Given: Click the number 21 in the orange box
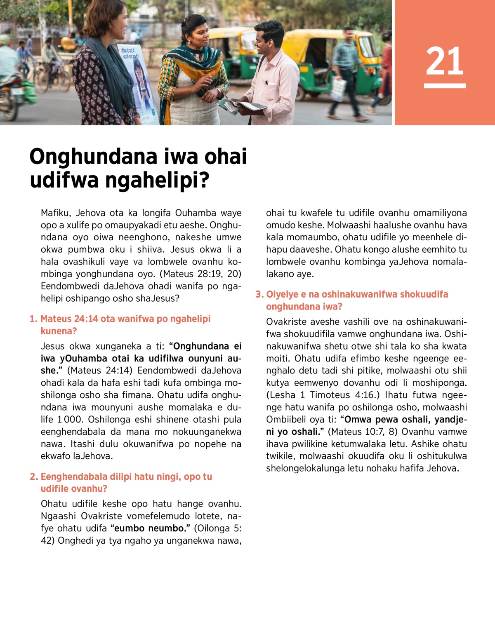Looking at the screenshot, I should (445, 61).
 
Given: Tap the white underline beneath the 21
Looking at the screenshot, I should (445, 86).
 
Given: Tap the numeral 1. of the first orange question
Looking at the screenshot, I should (33, 319).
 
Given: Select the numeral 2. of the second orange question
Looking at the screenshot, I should (34, 476).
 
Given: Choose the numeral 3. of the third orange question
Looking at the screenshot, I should (259, 294).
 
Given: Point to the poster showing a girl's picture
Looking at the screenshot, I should (137, 82).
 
